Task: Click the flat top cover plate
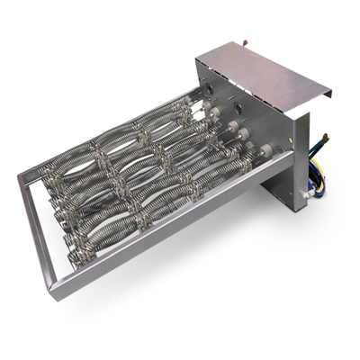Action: click(261, 65)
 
